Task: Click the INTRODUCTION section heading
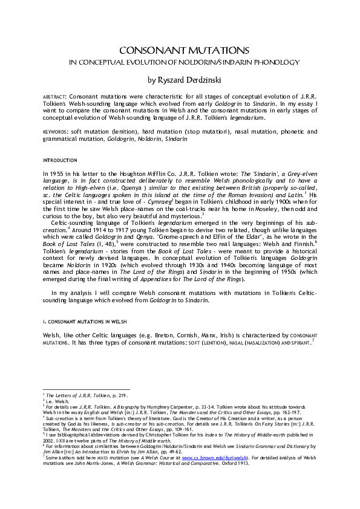(x=59, y=160)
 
